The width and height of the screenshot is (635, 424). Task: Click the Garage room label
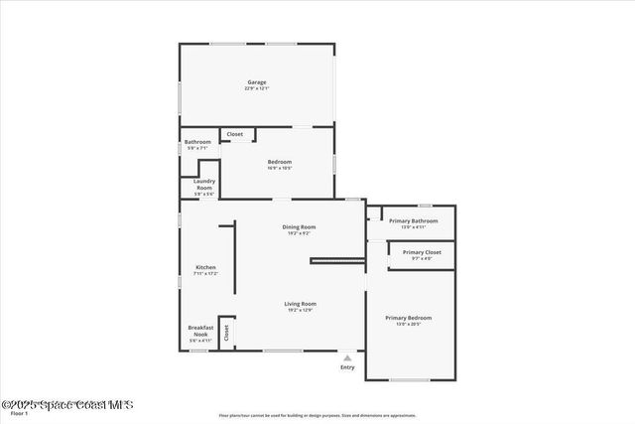(256, 81)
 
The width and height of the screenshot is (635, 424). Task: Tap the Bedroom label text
(279, 161)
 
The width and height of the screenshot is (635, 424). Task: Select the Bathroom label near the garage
(197, 142)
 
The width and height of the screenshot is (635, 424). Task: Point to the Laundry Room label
(204, 185)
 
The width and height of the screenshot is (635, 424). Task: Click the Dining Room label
(299, 227)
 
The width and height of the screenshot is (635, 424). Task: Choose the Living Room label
(300, 304)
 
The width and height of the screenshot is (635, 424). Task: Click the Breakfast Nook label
(201, 330)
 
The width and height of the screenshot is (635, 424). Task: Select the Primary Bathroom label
(413, 220)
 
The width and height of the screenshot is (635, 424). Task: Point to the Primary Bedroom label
(408, 318)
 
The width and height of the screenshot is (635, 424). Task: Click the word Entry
(347, 367)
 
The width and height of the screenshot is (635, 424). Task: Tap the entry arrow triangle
(347, 357)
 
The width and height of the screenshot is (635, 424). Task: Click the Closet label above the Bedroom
(235, 134)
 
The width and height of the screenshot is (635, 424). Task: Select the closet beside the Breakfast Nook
(226, 333)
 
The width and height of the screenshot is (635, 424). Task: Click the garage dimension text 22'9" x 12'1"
(256, 88)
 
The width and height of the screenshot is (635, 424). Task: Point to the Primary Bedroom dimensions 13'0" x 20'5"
(408, 325)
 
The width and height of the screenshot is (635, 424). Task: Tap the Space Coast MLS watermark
(66, 404)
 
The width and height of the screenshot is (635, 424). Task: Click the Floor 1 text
(19, 413)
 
